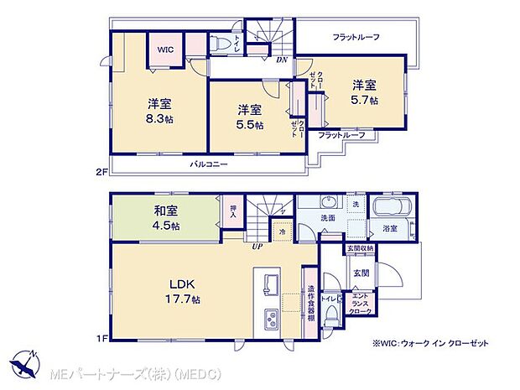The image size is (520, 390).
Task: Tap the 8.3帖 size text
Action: pyautogui.click(x=160, y=120)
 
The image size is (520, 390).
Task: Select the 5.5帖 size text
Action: pyautogui.click(x=249, y=125)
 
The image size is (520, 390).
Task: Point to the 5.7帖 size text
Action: pyautogui.click(x=365, y=99)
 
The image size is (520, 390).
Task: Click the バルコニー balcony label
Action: pyautogui.click(x=209, y=165)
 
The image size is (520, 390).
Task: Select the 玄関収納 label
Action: pyautogui.click(x=361, y=249)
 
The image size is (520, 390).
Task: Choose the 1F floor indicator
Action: pyautogui.click(x=101, y=337)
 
